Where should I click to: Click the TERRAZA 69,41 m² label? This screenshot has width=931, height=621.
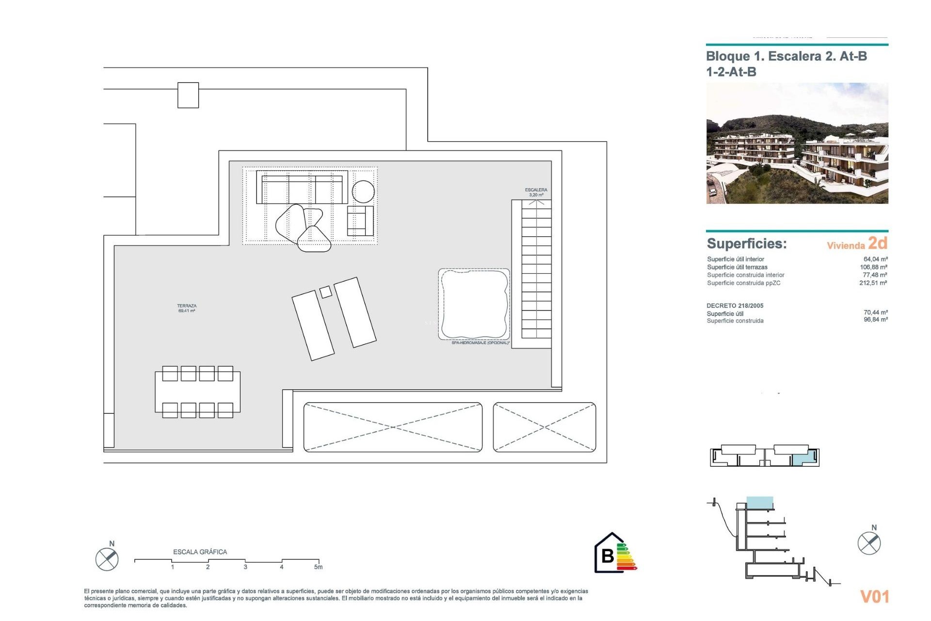[187, 309]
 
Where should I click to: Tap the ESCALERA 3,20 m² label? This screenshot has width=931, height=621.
[536, 193]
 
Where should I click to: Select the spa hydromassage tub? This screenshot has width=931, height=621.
[474, 304]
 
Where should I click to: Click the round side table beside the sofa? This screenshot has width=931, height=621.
[363, 192]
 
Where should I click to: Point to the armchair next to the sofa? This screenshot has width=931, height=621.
[360, 221]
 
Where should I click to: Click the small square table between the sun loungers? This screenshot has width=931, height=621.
[326, 292]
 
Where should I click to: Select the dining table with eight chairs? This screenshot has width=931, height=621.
[197, 392]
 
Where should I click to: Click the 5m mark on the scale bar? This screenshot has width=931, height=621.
[318, 567]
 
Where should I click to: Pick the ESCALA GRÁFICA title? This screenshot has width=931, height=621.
[200, 552]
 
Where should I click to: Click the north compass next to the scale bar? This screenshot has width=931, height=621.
[107, 559]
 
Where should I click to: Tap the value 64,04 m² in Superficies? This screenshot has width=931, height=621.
[875, 259]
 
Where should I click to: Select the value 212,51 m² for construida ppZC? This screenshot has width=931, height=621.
[873, 283]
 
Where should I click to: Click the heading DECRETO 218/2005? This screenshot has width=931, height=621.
[735, 306]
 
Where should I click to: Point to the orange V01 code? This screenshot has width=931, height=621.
[874, 596]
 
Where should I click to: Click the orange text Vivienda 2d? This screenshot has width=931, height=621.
[857, 244]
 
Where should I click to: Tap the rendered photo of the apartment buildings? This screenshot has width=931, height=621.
[797, 144]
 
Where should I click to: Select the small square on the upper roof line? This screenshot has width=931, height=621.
[188, 95]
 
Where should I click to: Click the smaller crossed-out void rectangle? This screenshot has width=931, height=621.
[544, 427]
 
